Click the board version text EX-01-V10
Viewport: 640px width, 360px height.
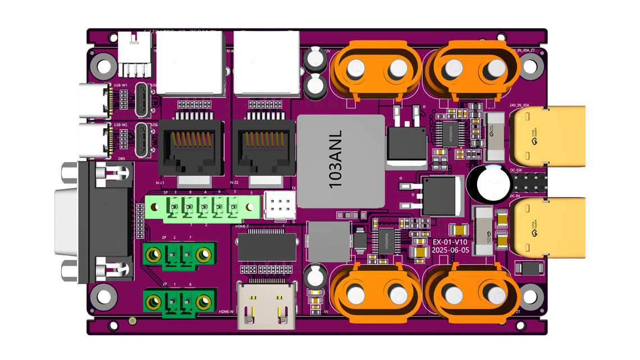[451, 242]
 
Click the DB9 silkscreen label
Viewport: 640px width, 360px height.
[121, 159]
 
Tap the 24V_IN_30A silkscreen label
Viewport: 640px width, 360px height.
[519, 105]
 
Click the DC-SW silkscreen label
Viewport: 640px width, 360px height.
[516, 170]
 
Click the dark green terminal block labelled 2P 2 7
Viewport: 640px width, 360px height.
[178, 256]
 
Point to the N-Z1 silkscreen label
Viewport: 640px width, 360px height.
[160, 184]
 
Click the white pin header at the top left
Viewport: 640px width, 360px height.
[135, 55]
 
